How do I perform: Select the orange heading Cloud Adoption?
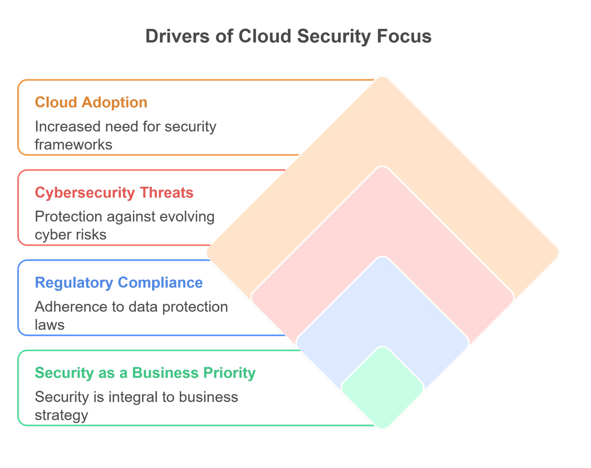pyautogui.click(x=91, y=102)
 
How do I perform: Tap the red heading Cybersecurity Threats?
pyautogui.click(x=114, y=192)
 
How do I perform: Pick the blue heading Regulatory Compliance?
pyautogui.click(x=119, y=283)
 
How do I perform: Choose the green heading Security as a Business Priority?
pyautogui.click(x=145, y=373)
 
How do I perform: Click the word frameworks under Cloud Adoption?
pyautogui.click(x=74, y=145)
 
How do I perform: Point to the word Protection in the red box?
pyautogui.click(x=68, y=217)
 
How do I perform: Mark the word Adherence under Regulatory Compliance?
pyautogui.click(x=71, y=307)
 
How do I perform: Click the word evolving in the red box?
pyautogui.click(x=187, y=217)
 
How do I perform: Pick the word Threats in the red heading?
pyautogui.click(x=167, y=192)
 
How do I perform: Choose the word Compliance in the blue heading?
pyautogui.click(x=161, y=283)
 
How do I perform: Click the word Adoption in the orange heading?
pyautogui.click(x=114, y=102)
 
